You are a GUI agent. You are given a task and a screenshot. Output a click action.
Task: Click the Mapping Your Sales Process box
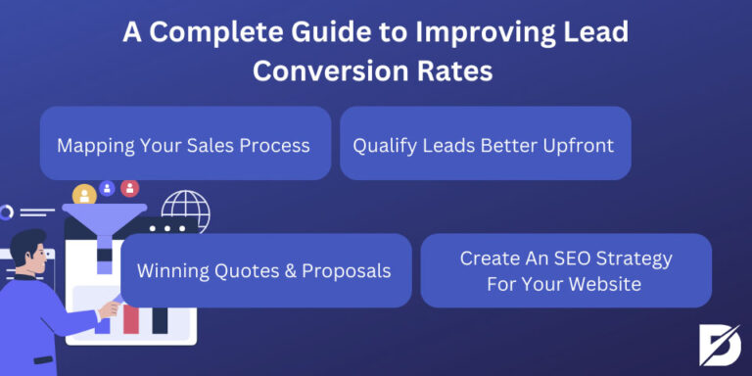(x=184, y=145)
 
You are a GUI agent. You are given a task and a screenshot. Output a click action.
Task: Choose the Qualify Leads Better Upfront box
(x=484, y=145)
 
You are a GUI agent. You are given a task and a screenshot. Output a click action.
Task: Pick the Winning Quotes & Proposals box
(x=265, y=269)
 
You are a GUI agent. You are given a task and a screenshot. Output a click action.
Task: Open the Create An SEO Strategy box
(x=566, y=270)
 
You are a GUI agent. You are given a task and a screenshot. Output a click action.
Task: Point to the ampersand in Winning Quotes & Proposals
(x=300, y=269)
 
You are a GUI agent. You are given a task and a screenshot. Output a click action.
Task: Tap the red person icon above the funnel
(x=129, y=188)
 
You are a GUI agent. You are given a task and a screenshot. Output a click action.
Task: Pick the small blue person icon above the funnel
(x=107, y=188)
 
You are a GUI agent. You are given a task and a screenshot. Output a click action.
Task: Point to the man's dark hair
(x=29, y=241)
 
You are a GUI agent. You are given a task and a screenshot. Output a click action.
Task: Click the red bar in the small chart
(x=131, y=318)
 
